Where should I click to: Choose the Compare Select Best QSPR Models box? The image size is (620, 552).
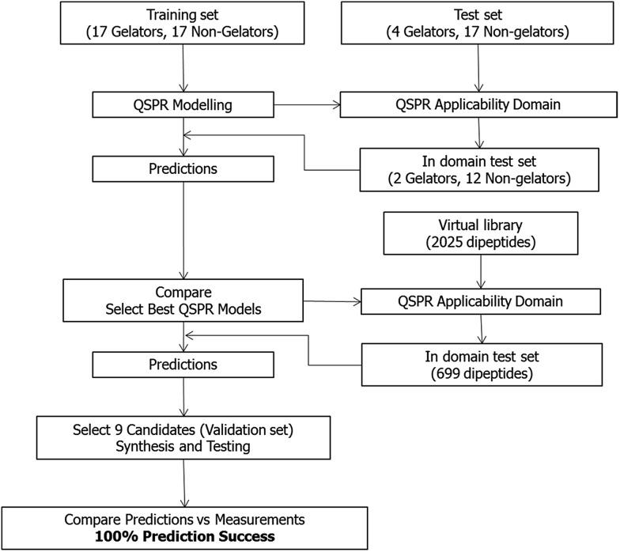coord(183,301)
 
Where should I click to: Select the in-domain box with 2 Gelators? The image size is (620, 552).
coord(476,168)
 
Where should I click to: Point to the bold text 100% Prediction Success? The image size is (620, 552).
coord(185,537)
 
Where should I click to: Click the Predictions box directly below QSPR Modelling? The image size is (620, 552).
coord(183,168)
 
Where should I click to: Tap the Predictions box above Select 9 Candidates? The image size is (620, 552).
coord(183,365)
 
